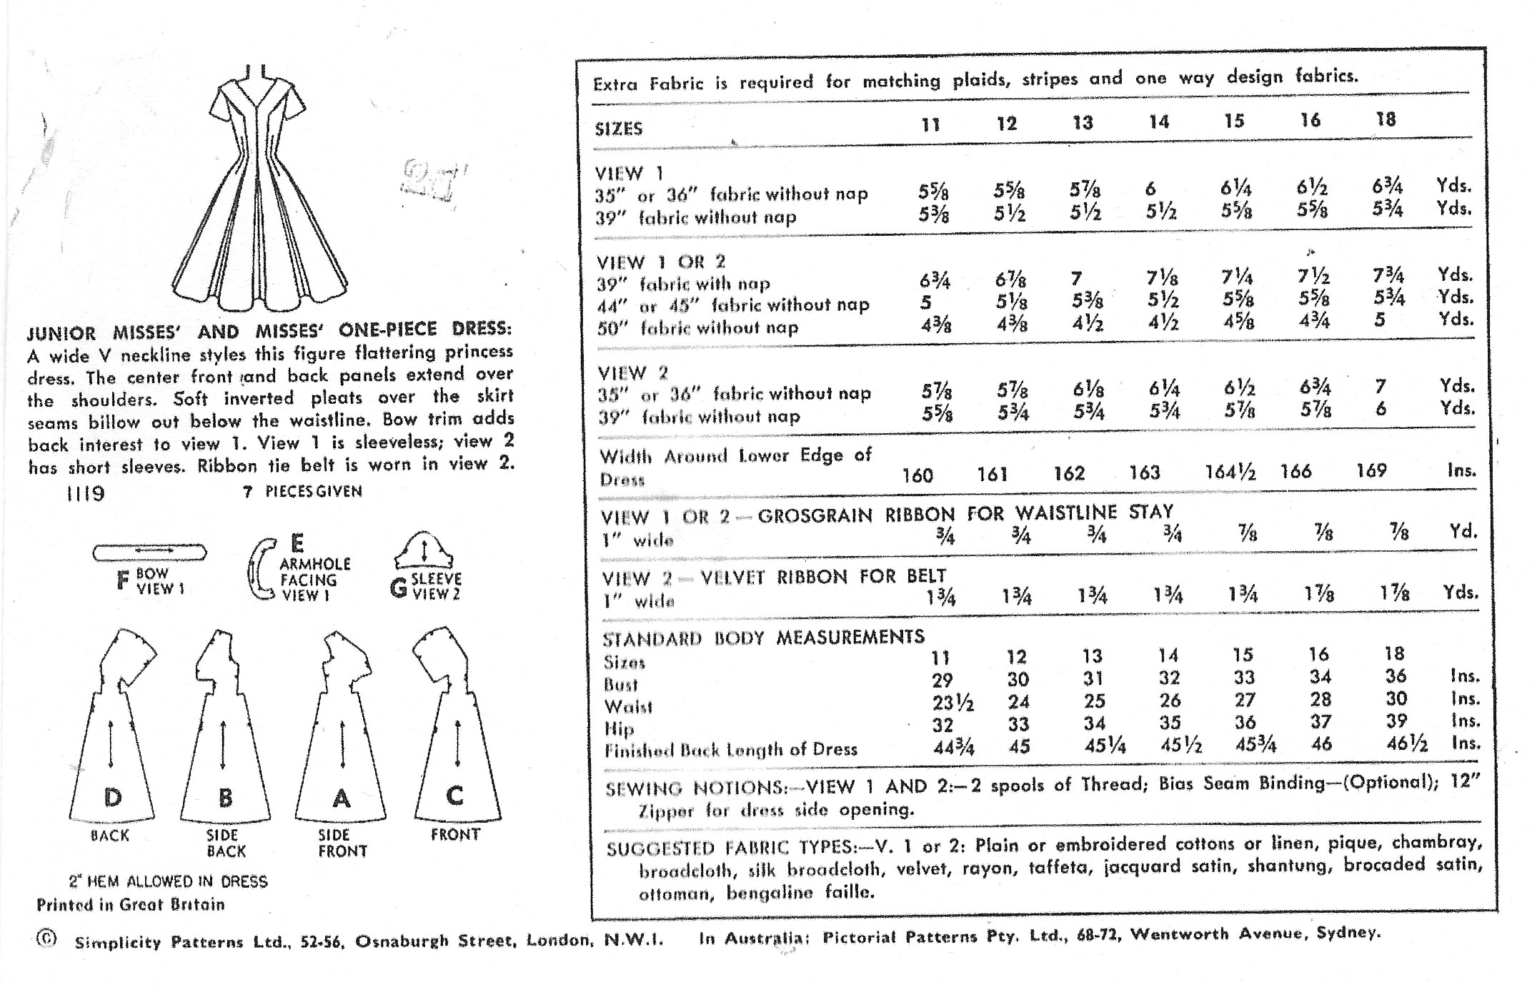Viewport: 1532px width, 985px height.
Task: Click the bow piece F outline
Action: (x=149, y=551)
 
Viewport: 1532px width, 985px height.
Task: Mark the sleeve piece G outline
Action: (x=425, y=550)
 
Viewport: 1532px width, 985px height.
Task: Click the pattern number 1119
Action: (x=85, y=493)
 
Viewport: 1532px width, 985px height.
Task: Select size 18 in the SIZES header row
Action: (x=1386, y=119)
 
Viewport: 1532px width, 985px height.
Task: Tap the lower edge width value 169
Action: (x=1371, y=470)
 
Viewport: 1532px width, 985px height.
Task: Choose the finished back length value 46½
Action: (x=1407, y=743)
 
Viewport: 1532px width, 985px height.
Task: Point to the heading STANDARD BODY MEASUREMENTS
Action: (x=762, y=638)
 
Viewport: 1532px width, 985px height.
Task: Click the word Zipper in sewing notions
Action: (x=665, y=811)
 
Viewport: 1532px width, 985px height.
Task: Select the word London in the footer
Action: (x=559, y=940)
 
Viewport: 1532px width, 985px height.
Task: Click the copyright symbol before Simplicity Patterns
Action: (x=46, y=940)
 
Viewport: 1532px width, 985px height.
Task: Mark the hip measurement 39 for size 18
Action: (x=1396, y=721)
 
